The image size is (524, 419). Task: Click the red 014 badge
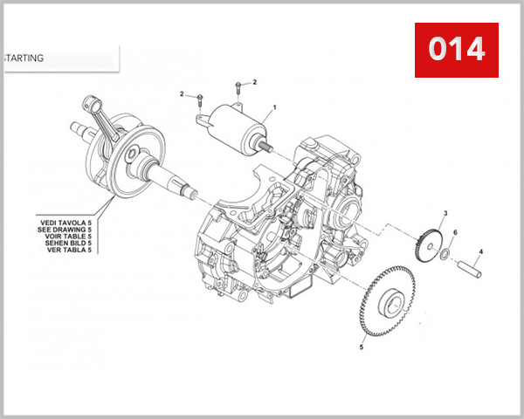coord(456,49)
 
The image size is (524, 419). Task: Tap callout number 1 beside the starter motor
coord(273,107)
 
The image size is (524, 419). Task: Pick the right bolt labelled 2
coord(238,91)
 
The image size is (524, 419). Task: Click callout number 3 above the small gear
coord(445,213)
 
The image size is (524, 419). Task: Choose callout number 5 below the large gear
coord(361,347)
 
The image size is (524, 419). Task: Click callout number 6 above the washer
coord(455,232)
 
